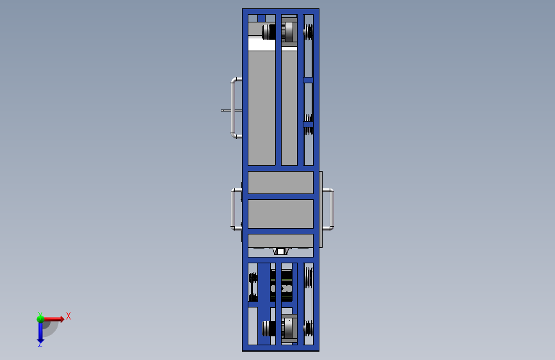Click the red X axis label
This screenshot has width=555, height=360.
coord(68,316)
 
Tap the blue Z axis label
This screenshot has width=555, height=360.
coord(40,344)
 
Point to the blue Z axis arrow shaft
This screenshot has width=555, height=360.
coord(40,331)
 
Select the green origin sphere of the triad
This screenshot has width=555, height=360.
coord(40,318)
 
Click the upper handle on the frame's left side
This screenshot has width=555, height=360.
coord(233,108)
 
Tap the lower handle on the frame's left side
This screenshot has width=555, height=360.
coord(233,209)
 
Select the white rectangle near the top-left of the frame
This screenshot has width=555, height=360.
coord(262,45)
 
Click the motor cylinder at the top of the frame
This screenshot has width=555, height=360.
coord(269,32)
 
